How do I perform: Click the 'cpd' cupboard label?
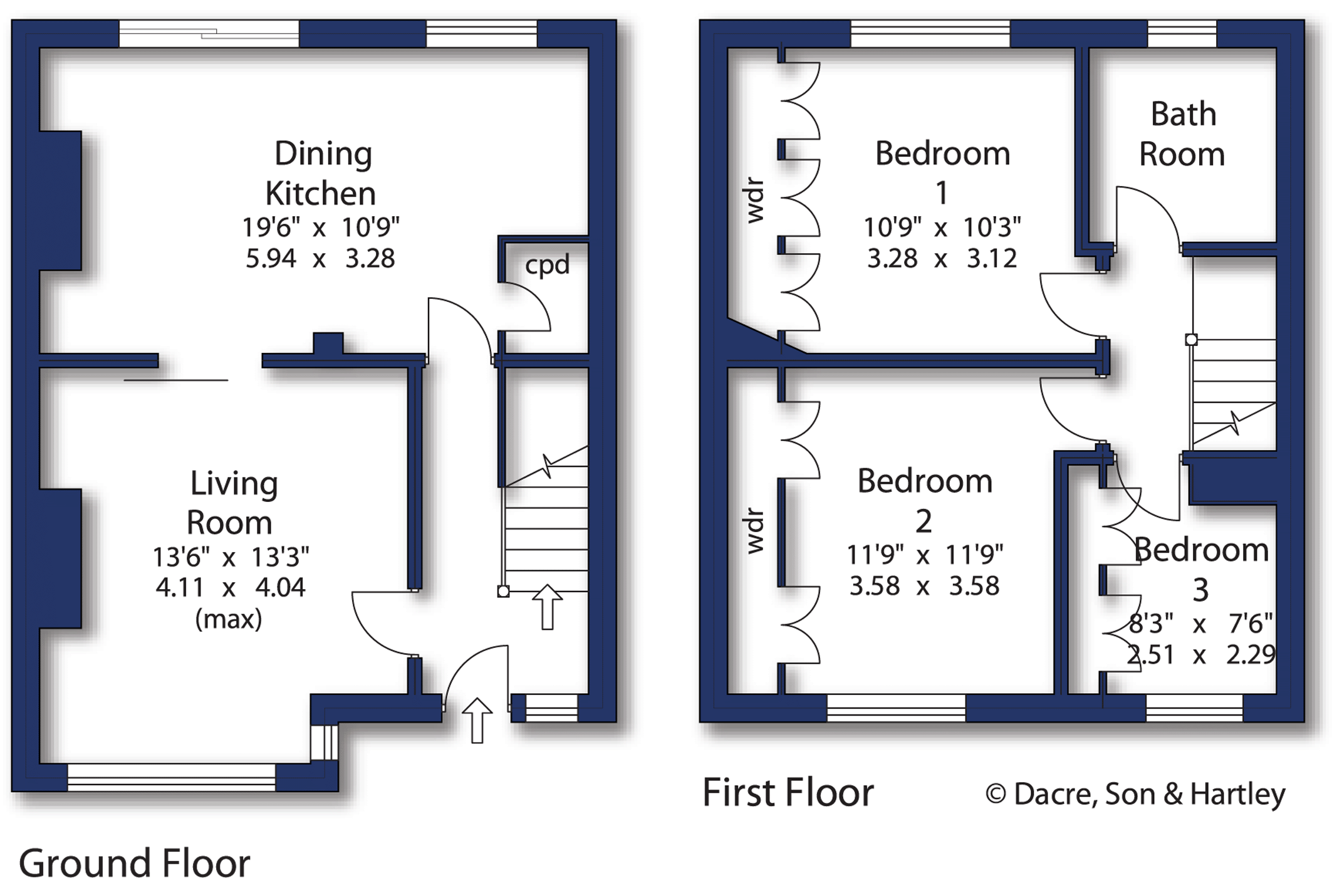[x=547, y=264]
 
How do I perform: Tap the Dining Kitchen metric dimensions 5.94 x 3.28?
[x=320, y=258]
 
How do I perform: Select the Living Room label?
[x=232, y=503]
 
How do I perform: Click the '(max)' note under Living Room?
[x=229, y=619]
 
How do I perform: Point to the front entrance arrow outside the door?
[x=477, y=720]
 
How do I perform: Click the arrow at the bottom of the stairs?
[x=547, y=606]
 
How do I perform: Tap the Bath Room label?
[x=1182, y=134]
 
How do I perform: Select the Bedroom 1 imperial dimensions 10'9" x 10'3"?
[x=942, y=227]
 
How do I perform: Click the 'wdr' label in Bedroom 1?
[x=755, y=201]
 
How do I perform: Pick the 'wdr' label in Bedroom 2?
[x=755, y=531]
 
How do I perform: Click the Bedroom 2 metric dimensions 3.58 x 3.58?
[x=924, y=586]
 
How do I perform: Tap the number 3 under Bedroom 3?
[x=1200, y=590]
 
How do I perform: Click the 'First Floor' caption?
[x=788, y=793]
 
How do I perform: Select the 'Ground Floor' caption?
[x=135, y=863]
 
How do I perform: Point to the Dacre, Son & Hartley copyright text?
[x=1135, y=794]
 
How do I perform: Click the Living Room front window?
[x=171, y=777]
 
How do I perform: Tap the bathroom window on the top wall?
[x=1182, y=33]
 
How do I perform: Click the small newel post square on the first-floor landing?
[x=1191, y=340]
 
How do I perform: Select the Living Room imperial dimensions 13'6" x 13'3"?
[x=231, y=556]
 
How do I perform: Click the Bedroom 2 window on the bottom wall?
[x=896, y=708]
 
